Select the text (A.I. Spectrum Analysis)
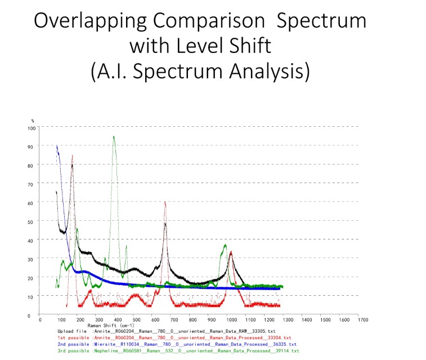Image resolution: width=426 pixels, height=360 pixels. [x=200, y=72]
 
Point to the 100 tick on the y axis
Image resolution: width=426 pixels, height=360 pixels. [x=32, y=128]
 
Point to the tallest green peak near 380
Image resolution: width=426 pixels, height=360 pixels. [x=114, y=136]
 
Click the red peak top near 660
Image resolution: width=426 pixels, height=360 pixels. [x=165, y=202]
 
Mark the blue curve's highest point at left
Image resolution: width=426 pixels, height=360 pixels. [x=56, y=145]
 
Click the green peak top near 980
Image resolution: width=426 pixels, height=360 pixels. [x=226, y=245]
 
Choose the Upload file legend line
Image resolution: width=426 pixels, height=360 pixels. [x=166, y=331]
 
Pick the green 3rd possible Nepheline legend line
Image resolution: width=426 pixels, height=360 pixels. [x=178, y=351]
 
